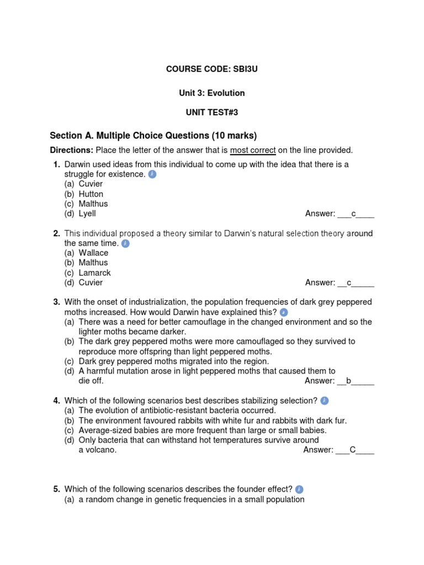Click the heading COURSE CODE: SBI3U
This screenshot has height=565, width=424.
pos(212,69)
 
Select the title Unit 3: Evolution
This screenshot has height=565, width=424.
pos(212,93)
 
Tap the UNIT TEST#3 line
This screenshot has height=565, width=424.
pos(212,113)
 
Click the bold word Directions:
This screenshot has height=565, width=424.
pos(72,150)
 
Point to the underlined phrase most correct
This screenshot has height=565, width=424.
pos(253,150)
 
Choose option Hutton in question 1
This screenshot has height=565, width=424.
pos(91,194)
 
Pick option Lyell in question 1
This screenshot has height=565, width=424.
pos(87,214)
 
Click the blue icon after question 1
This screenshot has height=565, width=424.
pos(153,174)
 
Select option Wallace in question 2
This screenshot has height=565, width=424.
pos(93,253)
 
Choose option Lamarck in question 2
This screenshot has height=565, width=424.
pos(94,273)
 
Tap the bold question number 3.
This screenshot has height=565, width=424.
pos(56,302)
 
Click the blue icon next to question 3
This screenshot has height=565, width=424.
pos(284,312)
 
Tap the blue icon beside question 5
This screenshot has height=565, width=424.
pos(299,489)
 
